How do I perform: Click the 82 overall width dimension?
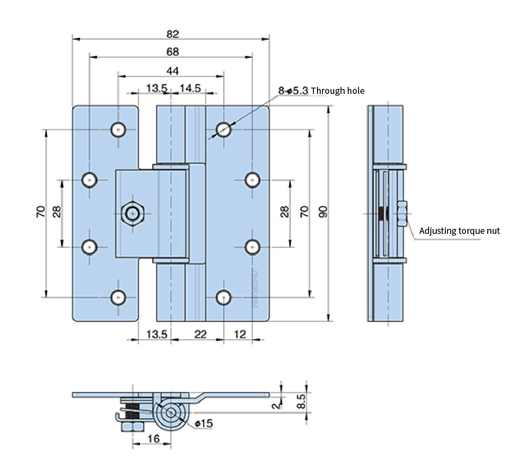[x=173, y=34]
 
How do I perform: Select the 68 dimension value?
[x=173, y=52]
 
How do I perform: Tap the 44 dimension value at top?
[x=173, y=71]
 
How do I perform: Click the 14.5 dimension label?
[x=190, y=88]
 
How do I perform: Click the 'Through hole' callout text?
[x=337, y=91]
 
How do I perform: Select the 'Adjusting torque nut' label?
[x=459, y=231]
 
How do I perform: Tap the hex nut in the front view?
[x=133, y=213]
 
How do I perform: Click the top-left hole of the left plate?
[x=118, y=130]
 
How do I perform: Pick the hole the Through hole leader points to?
[x=223, y=130]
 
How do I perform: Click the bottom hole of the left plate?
[x=118, y=297]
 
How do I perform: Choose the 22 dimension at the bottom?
[x=200, y=334]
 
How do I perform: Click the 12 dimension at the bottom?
[x=240, y=334]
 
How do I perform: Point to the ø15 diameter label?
[x=204, y=423]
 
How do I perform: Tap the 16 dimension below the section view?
[x=154, y=438]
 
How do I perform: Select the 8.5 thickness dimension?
[x=302, y=401]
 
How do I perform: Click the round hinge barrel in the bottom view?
[x=171, y=413]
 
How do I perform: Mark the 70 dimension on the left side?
[x=40, y=211]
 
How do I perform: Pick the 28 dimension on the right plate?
[x=285, y=212]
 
